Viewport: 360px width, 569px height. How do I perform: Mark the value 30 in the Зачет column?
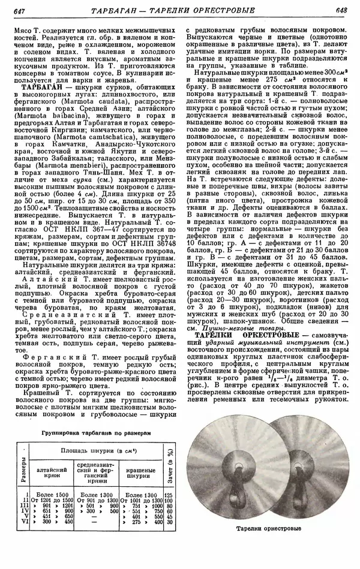click(x=168, y=522)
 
